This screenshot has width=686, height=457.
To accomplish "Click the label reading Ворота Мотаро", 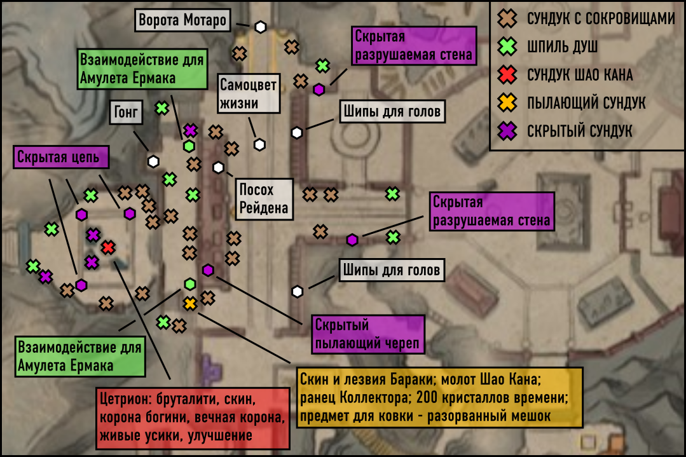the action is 182,20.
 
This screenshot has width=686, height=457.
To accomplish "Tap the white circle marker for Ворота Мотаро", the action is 260,27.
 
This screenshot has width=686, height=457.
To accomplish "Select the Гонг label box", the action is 126,113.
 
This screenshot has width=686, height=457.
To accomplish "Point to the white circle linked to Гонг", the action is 153,161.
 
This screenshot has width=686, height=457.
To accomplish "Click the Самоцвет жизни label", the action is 249,93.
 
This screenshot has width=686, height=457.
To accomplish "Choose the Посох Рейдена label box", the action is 264,199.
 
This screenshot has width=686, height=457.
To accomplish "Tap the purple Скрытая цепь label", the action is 61,157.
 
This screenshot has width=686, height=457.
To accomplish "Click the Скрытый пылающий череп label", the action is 367,334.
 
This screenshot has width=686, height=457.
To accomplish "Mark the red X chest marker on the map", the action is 108,247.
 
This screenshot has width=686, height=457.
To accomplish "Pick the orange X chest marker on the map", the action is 190,303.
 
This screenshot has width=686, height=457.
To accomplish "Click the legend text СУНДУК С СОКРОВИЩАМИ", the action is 601,19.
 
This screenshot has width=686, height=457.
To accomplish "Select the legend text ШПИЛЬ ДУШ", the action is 562,47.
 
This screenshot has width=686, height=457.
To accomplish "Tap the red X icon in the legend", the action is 507,75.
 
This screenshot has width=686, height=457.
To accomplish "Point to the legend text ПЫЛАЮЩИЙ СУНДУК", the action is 586,103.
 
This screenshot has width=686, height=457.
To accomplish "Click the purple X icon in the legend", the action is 507,131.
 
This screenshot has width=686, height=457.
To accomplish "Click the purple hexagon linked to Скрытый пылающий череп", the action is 208,270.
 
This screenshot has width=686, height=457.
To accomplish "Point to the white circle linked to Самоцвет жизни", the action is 259,144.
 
